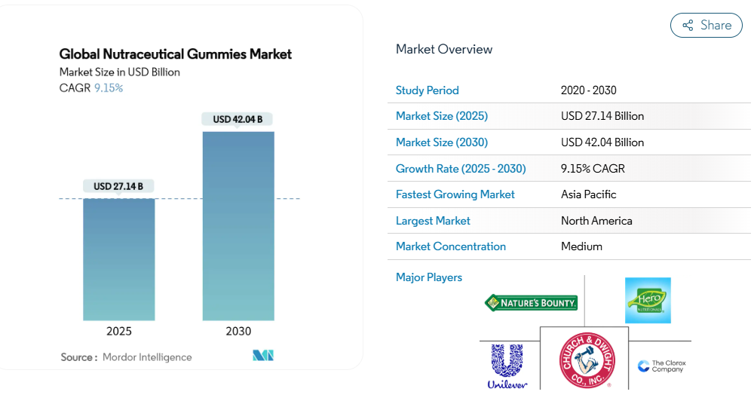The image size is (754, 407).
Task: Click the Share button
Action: point(706,26)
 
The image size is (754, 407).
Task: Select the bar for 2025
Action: point(118,259)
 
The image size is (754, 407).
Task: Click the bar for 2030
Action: point(238,226)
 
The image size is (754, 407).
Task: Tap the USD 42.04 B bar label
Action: point(238,119)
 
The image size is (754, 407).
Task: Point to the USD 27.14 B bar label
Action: point(118,186)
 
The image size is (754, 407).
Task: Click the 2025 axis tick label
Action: point(118,331)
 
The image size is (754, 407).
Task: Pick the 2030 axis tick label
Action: point(238,331)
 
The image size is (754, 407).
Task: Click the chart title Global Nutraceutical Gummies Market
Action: point(176,54)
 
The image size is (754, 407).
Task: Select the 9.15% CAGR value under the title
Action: point(109,88)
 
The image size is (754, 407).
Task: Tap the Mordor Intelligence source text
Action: point(147,357)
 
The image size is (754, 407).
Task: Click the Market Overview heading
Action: point(444,50)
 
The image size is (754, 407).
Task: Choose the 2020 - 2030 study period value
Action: point(589,90)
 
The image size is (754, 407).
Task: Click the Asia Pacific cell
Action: point(589,194)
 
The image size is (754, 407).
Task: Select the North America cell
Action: point(596,221)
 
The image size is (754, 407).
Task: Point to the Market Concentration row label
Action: point(451,246)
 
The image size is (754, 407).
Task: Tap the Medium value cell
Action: point(581,246)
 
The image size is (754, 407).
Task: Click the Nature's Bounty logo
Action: point(531,303)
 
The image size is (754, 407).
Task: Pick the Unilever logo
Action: point(507,366)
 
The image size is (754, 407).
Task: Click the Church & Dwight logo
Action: point(587,361)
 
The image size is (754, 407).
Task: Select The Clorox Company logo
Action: point(662,366)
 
